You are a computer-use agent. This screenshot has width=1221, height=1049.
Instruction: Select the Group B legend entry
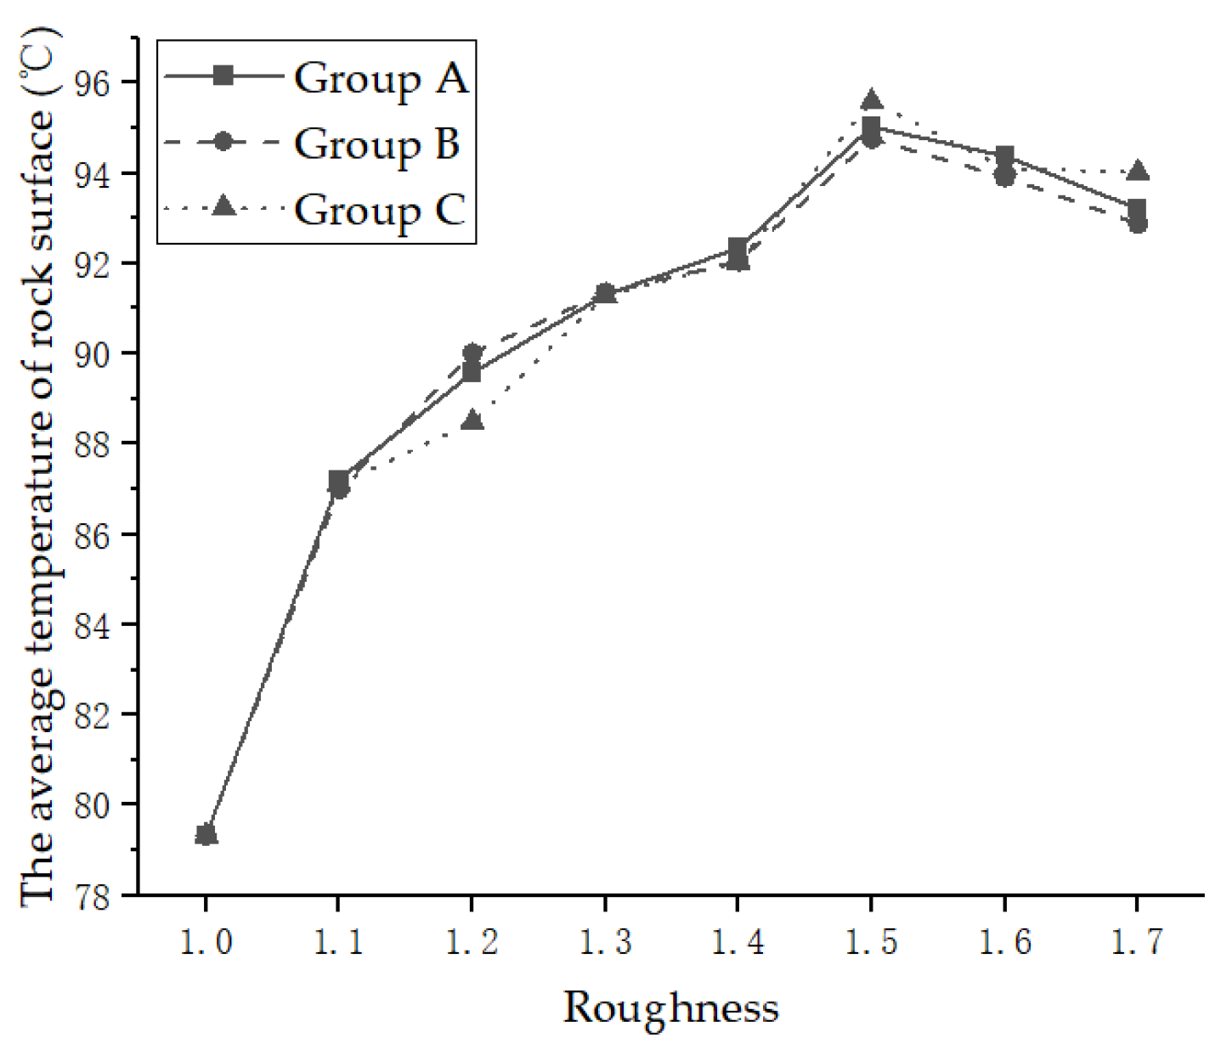(376, 143)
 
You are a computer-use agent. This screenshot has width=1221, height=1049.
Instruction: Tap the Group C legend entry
(379, 209)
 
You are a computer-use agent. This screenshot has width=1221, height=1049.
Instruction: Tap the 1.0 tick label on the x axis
(206, 942)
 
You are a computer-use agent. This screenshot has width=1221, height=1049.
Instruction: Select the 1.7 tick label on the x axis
(1138, 942)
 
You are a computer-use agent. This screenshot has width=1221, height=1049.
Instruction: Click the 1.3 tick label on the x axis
(605, 942)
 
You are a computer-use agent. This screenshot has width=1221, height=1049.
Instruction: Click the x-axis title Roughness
(670, 1008)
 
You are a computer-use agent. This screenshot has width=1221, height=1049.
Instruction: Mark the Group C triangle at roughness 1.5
(871, 100)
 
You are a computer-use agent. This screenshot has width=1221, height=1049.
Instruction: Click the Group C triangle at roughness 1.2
(472, 420)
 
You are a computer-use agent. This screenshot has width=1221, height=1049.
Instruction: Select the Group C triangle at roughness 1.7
(1139, 171)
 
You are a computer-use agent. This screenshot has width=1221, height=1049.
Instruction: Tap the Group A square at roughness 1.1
(338, 481)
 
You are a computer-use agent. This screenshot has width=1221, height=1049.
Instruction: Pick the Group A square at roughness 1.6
(1004, 156)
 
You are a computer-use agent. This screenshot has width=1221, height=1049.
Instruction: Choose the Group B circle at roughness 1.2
(472, 352)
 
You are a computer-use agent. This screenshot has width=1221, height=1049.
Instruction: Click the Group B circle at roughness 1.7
(1138, 223)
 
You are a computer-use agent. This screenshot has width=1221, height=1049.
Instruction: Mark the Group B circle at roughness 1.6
(1004, 177)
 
